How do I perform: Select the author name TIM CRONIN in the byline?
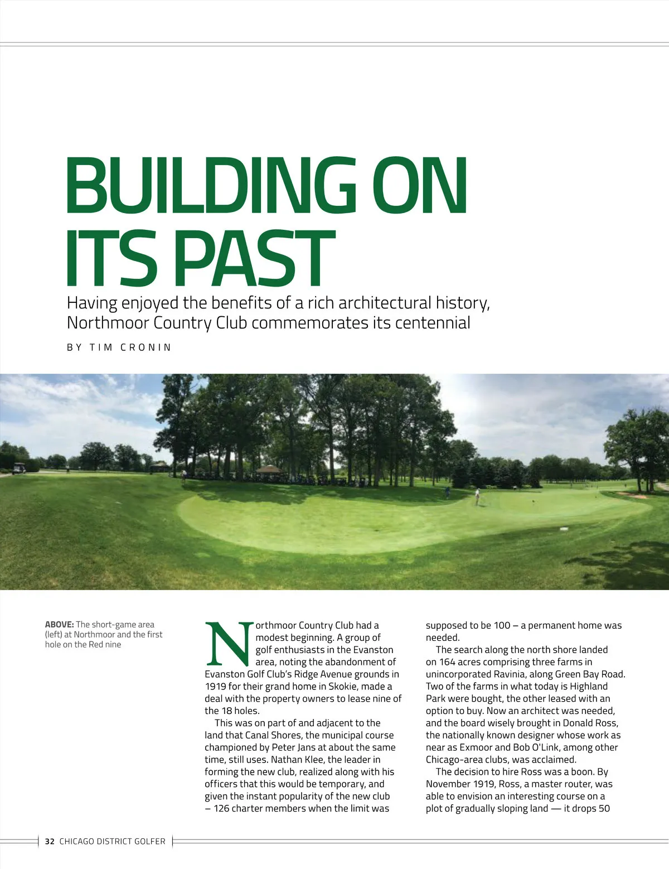(x=130, y=347)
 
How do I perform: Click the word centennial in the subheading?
(x=432, y=323)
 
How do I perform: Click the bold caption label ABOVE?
(x=59, y=625)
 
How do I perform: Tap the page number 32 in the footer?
(x=50, y=841)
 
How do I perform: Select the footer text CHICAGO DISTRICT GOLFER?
(x=112, y=841)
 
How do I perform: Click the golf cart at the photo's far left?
(x=18, y=469)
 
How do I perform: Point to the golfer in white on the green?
(x=477, y=496)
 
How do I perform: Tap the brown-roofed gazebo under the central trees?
(x=270, y=470)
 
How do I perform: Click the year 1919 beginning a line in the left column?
(x=215, y=687)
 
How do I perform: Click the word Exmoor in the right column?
(x=476, y=747)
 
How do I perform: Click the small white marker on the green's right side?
(x=564, y=528)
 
